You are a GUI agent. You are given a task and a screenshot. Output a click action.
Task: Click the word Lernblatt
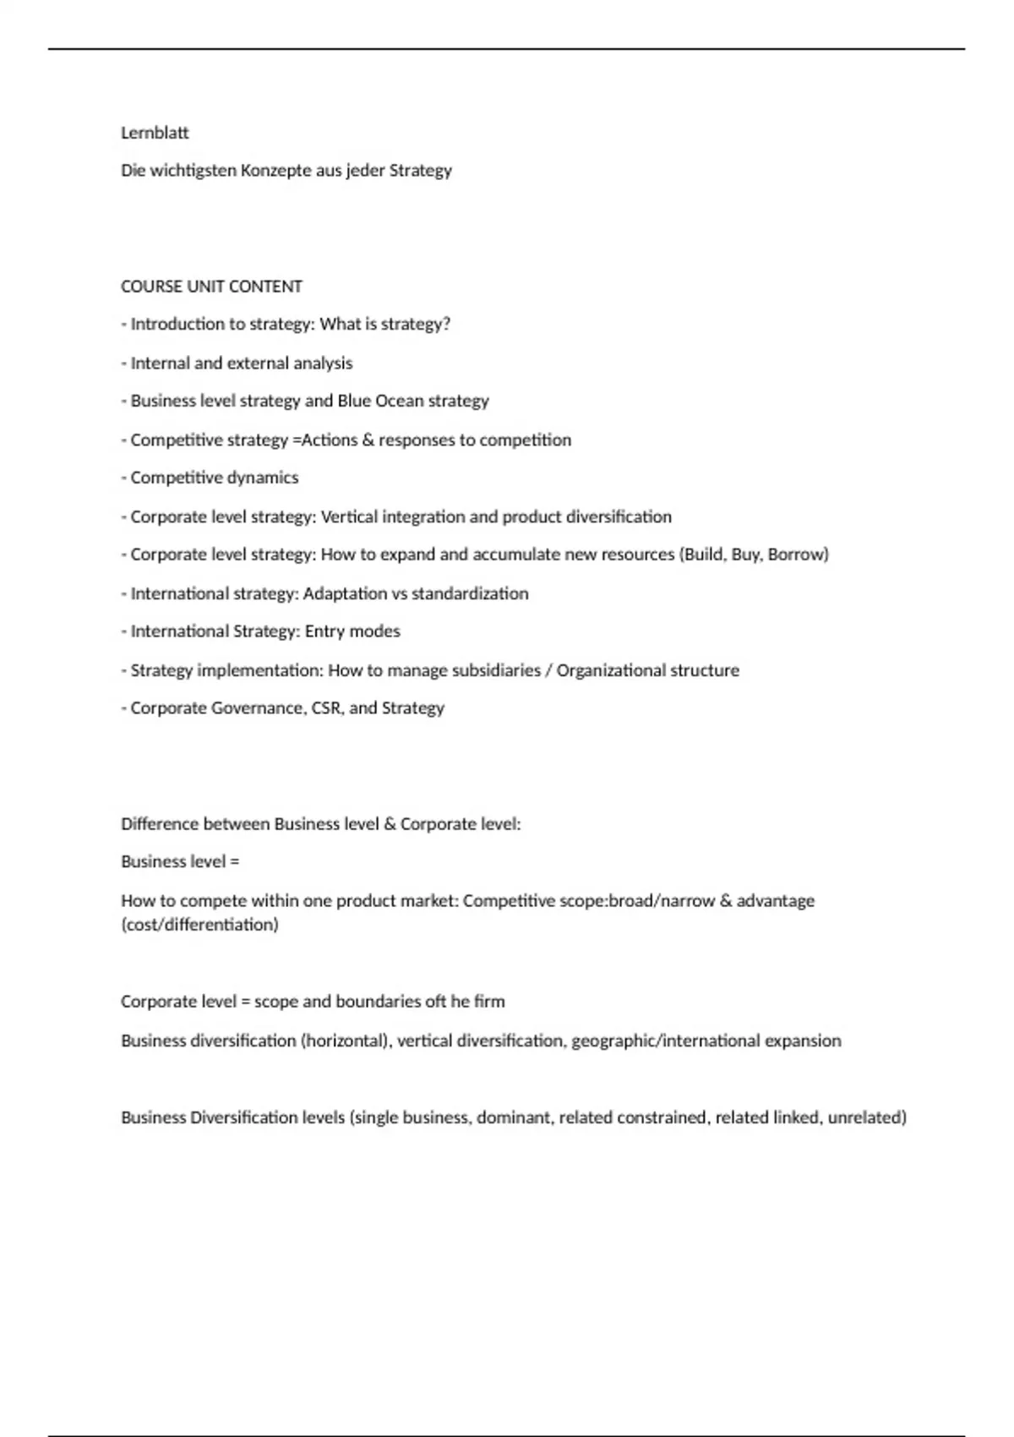click(x=155, y=133)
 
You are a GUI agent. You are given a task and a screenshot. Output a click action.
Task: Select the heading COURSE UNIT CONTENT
click(x=211, y=287)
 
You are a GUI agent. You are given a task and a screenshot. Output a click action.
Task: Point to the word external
click(x=257, y=363)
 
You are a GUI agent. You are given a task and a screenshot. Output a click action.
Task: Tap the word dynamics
click(x=266, y=478)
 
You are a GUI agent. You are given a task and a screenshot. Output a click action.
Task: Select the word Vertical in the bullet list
click(x=349, y=516)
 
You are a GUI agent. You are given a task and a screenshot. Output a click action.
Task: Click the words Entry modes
click(x=352, y=631)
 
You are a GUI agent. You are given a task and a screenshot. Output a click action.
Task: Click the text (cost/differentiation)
click(x=199, y=925)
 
